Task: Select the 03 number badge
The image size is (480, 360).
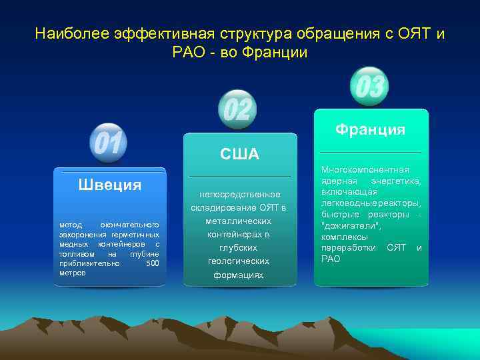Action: pyautogui.click(x=369, y=87)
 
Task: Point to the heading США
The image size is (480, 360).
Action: pyautogui.click(x=239, y=155)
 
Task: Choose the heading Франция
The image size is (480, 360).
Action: pyautogui.click(x=370, y=129)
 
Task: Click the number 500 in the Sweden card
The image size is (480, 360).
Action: pyautogui.click(x=152, y=263)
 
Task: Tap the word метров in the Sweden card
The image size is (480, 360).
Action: pyautogui.click(x=73, y=273)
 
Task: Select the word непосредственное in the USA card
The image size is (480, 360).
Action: pyautogui.click(x=239, y=194)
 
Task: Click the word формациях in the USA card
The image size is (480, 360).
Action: pyautogui.click(x=239, y=275)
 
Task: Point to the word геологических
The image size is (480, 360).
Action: pyautogui.click(x=239, y=261)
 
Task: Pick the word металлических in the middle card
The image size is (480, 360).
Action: pyautogui.click(x=239, y=221)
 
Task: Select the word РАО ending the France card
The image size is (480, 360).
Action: pyautogui.click(x=331, y=259)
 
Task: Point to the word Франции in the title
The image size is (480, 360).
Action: pyautogui.click(x=275, y=52)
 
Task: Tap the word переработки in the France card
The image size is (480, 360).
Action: pyautogui.click(x=349, y=248)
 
